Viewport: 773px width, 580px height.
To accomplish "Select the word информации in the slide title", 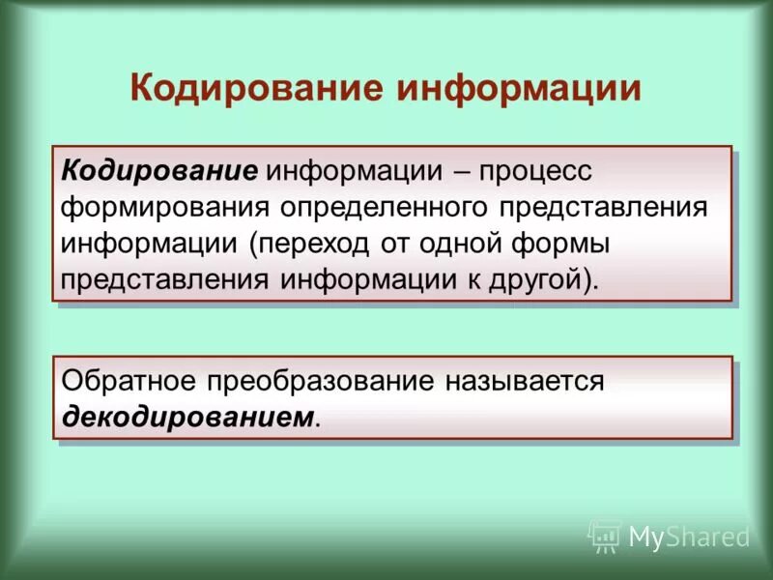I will coord(519,88).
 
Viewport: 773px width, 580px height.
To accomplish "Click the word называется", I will coord(524,381).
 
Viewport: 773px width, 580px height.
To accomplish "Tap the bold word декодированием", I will coord(188,417).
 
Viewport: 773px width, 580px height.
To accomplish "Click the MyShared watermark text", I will coord(689,536).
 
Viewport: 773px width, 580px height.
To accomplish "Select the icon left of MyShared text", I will coord(605,535).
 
